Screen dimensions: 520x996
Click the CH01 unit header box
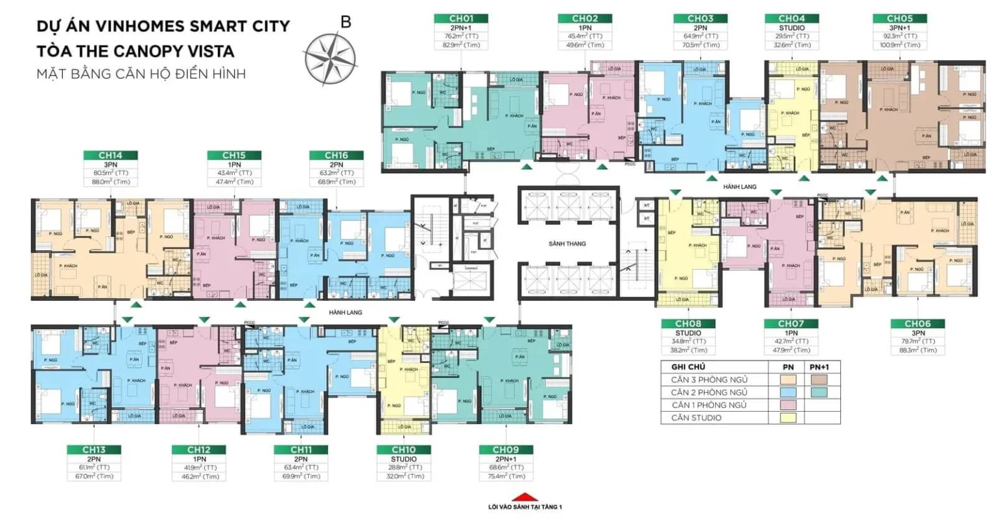[461, 19]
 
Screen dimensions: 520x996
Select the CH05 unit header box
[899, 19]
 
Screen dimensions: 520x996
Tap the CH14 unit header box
[110, 156]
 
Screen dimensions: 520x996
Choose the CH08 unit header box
[688, 324]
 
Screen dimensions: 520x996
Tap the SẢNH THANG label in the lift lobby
[567, 243]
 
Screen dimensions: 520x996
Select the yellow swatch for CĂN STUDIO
[788, 418]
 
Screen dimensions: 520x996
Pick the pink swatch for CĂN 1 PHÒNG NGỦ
[788, 405]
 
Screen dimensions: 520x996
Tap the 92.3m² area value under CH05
[899, 36]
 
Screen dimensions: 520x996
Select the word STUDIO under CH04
[792, 28]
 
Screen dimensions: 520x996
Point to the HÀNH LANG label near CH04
[740, 187]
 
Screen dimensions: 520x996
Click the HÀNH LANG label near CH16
[345, 313]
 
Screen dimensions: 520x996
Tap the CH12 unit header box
[199, 449]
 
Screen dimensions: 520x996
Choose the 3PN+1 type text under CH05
[899, 28]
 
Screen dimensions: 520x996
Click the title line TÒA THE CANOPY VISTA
[135, 51]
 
